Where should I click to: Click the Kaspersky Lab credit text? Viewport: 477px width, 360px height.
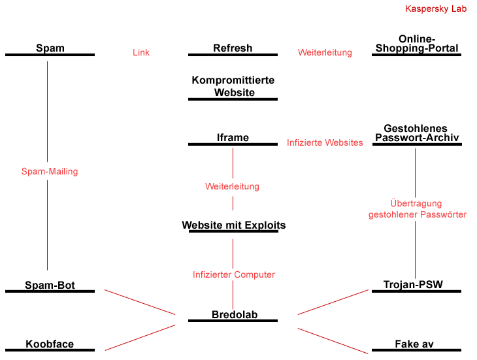pos(436,8)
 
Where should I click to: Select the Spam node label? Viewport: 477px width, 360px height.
pos(50,48)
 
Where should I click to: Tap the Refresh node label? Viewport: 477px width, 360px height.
pos(233,48)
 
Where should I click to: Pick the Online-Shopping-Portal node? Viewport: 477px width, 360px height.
pos(417,44)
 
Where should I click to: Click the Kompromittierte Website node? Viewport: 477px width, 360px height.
pos(233,86)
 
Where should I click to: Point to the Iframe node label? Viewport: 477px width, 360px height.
pos(233,137)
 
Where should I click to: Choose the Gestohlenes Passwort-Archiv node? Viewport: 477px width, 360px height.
pos(417,133)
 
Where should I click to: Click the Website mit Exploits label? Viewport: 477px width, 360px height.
pos(234,225)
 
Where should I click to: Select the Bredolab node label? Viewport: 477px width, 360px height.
pos(235,314)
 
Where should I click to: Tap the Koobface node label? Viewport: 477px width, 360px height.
pos(50,344)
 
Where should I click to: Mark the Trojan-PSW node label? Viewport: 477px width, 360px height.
pos(413,285)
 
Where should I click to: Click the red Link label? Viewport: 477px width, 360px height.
pos(141,52)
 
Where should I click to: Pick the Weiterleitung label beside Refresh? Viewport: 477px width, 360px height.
pos(325,52)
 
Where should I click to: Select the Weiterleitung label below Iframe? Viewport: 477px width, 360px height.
pos(232,186)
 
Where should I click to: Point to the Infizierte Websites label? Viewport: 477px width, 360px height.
pos(325,142)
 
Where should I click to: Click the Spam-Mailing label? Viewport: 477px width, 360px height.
pos(50,171)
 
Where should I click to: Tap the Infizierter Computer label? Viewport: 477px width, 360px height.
pos(234,274)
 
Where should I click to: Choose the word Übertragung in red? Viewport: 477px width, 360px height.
pos(416,203)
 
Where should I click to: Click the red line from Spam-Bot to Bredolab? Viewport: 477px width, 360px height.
pos(140,303)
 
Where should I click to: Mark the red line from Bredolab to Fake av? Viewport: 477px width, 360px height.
pos(333,341)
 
